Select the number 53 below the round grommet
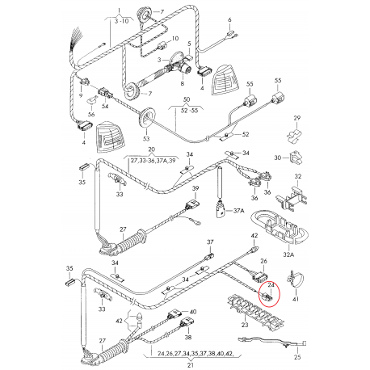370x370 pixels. (146, 140)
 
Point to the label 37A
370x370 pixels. (238, 212)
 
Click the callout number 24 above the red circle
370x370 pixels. (271, 284)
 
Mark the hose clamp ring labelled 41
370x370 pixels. (297, 281)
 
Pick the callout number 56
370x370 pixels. (91, 115)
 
